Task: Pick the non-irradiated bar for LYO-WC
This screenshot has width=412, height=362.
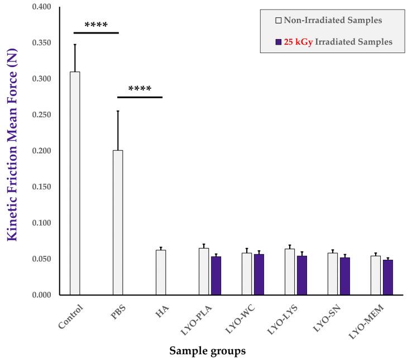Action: [247, 274]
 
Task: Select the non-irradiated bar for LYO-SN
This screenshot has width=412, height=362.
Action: [333, 274]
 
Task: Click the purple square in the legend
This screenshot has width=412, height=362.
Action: [279, 42]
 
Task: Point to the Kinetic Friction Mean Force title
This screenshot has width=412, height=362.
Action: [12, 151]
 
